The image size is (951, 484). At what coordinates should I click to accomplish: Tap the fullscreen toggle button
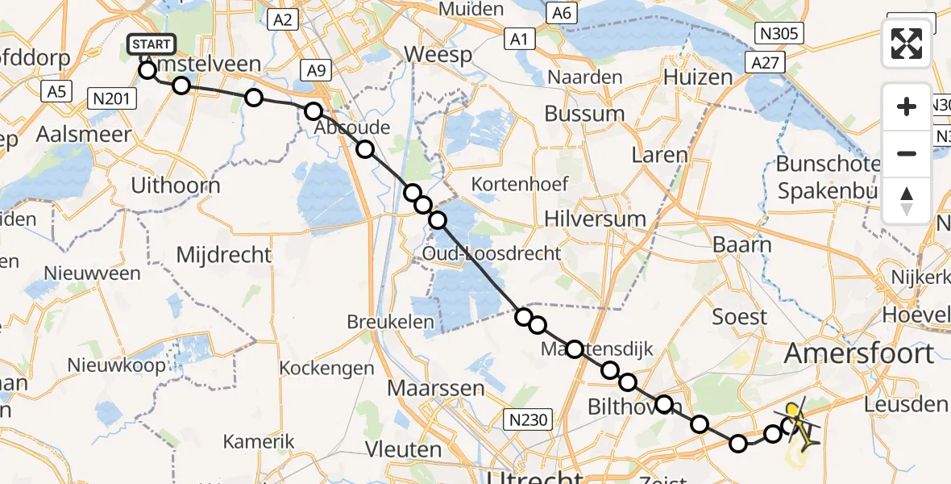point(907,44)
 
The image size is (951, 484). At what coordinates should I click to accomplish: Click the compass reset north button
point(907,200)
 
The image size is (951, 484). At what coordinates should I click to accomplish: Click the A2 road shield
point(281,19)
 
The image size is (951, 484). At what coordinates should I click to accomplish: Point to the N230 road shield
point(526,419)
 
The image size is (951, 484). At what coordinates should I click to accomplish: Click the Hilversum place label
point(595,218)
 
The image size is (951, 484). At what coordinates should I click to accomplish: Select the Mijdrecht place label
point(224,255)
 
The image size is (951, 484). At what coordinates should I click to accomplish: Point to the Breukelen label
point(385,321)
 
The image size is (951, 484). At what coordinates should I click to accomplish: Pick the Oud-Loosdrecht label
point(492,253)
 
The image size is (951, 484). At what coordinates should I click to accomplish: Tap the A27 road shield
point(766,62)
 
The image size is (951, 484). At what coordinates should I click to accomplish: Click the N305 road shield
point(779,32)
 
